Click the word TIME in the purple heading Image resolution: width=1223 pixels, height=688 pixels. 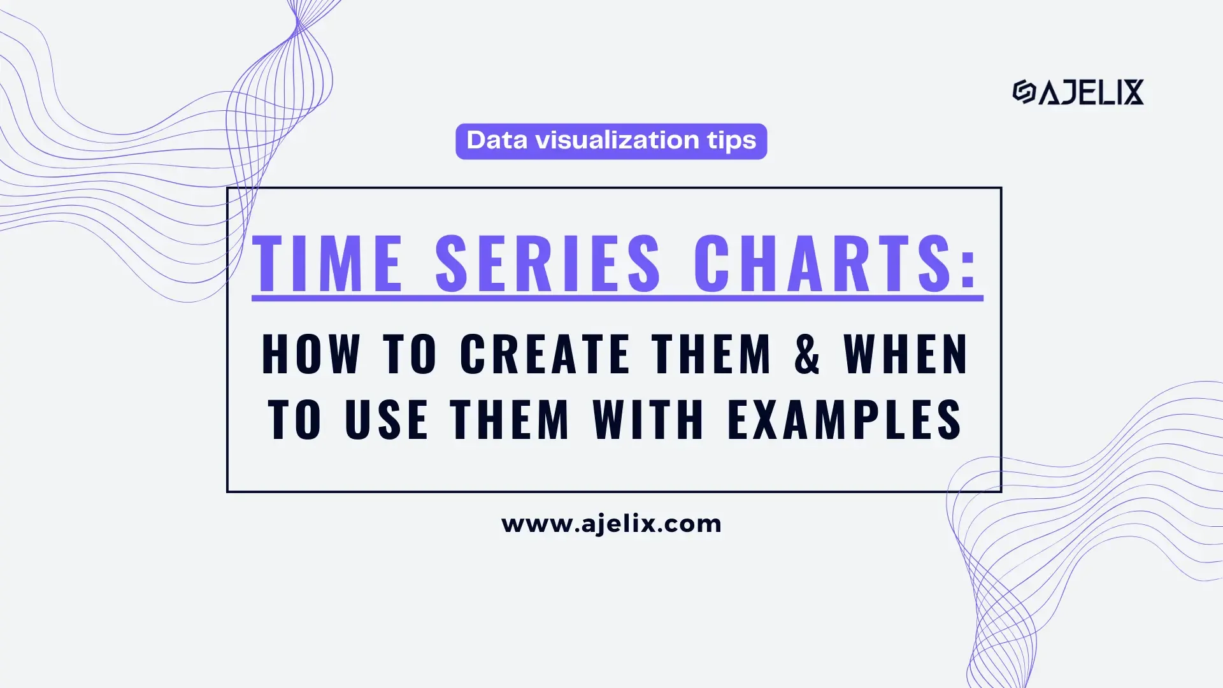327,263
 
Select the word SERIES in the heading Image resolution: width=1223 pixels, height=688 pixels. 548,263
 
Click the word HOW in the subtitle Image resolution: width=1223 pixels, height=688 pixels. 311,354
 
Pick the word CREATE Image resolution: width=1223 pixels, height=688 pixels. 545,354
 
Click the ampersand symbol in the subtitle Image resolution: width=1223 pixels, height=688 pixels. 807,354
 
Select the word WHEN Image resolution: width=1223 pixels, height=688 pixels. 906,354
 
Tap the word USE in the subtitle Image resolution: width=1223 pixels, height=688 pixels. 387,419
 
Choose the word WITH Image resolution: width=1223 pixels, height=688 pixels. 648,419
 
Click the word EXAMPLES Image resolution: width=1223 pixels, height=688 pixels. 845,419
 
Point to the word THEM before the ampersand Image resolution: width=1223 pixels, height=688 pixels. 712,354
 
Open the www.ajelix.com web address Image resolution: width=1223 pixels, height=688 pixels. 611,524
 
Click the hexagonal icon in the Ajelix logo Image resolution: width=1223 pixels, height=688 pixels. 1024,92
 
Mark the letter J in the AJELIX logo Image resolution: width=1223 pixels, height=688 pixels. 1068,92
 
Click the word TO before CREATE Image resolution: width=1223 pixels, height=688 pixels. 410,354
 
